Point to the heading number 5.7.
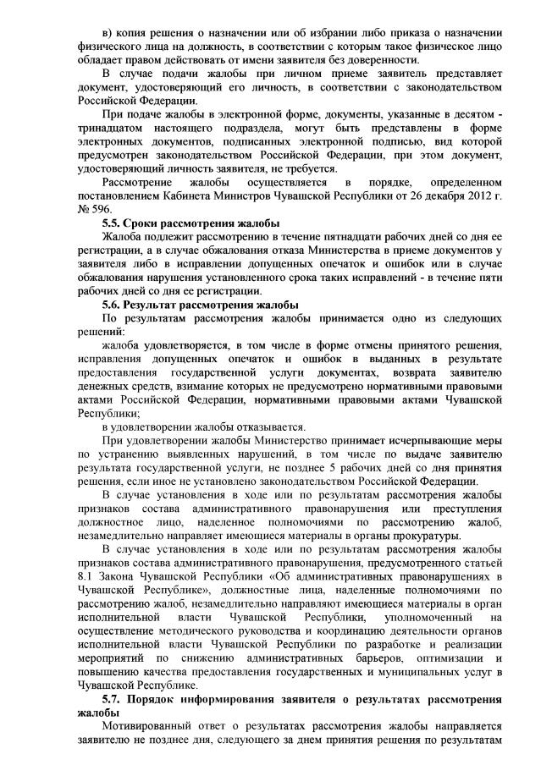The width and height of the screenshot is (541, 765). pyautogui.click(x=114, y=700)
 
